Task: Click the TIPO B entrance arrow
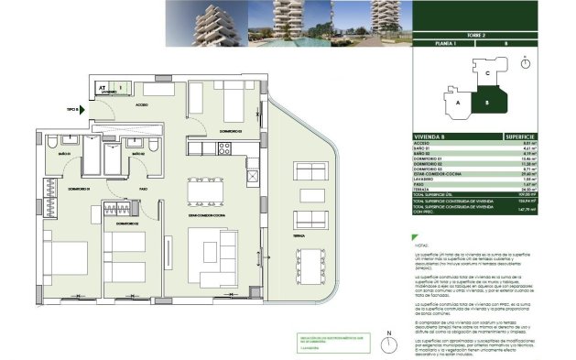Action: tap(80, 108)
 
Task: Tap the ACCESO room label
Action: tap(142, 105)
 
